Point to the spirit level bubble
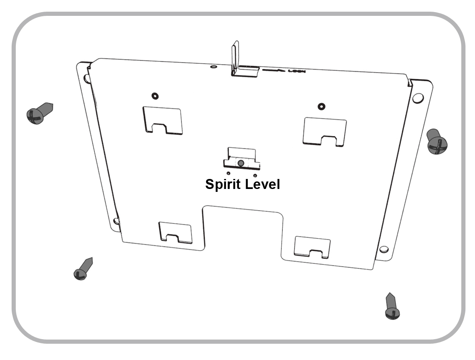click(x=241, y=163)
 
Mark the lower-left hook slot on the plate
click(x=176, y=233)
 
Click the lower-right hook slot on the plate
click(x=312, y=247)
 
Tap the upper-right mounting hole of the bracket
click(x=417, y=98)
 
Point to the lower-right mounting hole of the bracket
click(x=384, y=249)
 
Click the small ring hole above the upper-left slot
click(x=155, y=96)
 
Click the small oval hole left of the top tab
click(x=214, y=66)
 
